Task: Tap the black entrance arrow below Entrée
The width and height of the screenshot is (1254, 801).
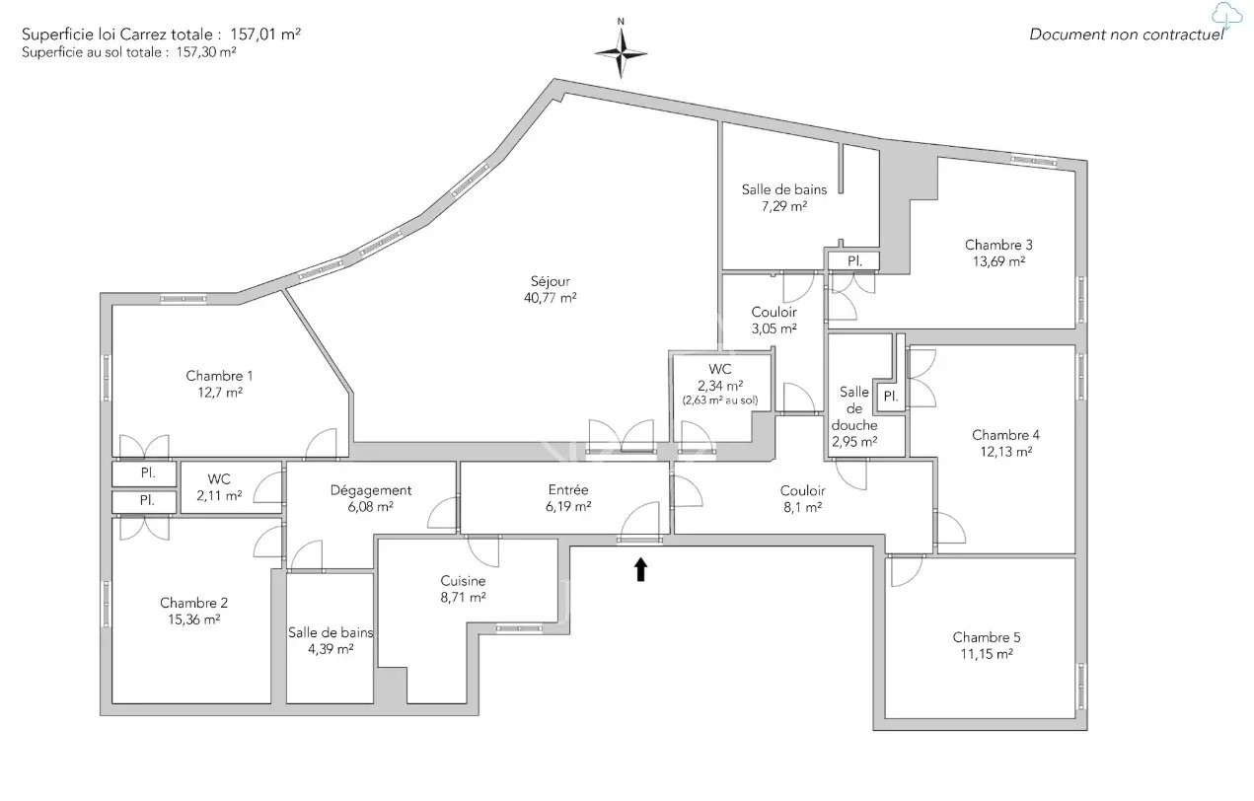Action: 640,569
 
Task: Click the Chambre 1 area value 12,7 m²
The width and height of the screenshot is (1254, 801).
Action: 219,393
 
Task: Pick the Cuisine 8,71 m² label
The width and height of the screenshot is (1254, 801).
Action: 463,589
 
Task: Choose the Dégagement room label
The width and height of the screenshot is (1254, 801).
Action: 371,490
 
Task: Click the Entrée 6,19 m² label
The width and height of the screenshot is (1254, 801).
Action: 568,497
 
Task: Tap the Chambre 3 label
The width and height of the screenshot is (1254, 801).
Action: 998,245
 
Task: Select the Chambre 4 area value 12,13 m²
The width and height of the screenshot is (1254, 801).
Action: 1005,452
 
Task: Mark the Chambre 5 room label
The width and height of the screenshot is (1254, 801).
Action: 987,637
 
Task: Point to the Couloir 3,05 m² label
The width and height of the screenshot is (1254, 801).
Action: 774,321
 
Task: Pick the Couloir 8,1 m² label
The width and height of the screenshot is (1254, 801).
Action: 801,499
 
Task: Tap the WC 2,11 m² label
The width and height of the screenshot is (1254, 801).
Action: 218,487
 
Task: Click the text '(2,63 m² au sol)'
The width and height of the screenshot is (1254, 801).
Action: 719,400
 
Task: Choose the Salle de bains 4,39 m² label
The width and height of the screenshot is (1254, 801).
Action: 331,640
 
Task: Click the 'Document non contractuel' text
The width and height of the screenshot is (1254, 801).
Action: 1126,35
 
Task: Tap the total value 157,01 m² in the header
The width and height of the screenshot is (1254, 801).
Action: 265,33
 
